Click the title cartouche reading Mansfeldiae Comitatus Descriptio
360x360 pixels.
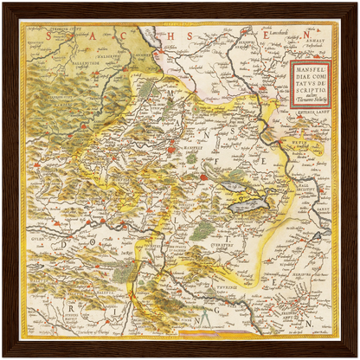click(309, 84)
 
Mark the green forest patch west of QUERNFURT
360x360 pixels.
click(202, 229)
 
